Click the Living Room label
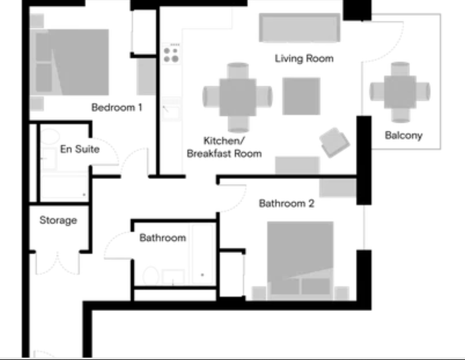304,58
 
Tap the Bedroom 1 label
117,107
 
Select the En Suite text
80,149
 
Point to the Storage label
58,220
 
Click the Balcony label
404,135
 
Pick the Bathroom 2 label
287,203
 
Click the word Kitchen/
224,141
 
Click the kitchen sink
171,110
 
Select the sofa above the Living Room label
299,28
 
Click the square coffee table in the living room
301,96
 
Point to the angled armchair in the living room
335,142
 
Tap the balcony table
400,92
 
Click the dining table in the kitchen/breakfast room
238,97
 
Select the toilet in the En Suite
50,137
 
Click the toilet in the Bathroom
151,275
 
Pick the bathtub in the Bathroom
202,255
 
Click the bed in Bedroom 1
70,62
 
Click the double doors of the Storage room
57,263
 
